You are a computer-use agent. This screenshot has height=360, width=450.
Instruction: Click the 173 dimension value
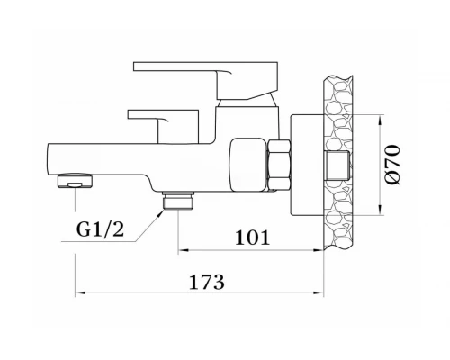coord(207,282)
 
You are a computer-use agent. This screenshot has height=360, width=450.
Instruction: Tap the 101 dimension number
coord(252,238)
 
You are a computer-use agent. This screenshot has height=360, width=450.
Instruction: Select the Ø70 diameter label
coord(392,165)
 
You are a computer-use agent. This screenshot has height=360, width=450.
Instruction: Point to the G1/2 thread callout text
coord(100,229)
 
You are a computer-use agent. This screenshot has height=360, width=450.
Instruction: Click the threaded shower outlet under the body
coord(178,201)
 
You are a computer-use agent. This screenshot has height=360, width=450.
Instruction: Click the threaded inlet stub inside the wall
coord(338,166)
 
